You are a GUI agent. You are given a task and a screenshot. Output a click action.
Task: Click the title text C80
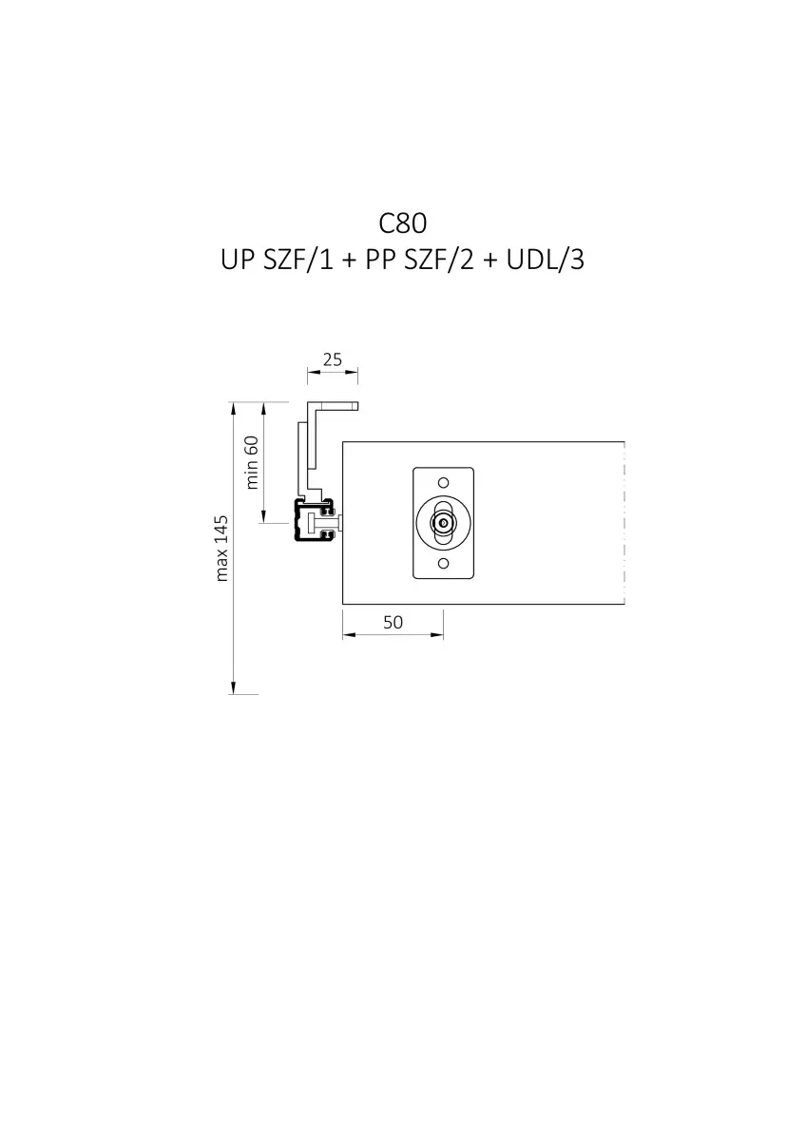[x=402, y=223]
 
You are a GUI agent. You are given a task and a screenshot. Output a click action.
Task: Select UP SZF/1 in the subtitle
[x=277, y=260]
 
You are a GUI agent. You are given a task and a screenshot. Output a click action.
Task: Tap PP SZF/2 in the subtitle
[x=419, y=260]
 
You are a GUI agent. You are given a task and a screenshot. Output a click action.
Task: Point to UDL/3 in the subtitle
[x=545, y=260]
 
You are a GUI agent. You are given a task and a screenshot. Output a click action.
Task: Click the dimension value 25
[x=333, y=359]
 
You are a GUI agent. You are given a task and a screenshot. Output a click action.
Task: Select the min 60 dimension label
[x=252, y=462]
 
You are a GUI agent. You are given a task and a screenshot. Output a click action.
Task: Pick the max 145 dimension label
[x=221, y=548]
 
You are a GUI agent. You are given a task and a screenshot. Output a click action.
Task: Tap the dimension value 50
[x=393, y=622]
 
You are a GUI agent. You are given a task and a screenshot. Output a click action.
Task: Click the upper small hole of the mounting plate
[x=444, y=482]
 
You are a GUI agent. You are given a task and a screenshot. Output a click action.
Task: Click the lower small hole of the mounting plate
[x=444, y=563]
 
